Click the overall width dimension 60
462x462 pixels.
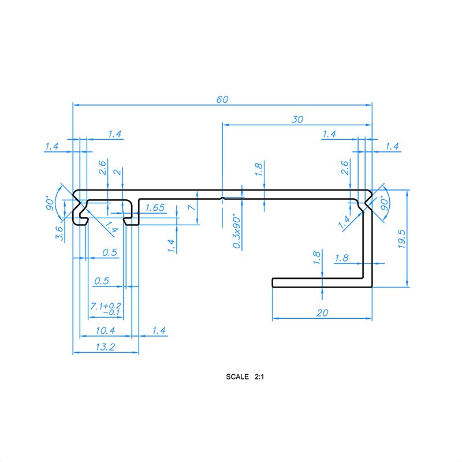[222, 99]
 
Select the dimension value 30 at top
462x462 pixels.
[297, 120]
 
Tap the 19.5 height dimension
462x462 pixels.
[402, 238]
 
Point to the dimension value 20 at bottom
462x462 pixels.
[323, 313]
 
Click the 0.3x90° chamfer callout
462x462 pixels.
[237, 231]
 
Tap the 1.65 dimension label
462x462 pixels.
[155, 207]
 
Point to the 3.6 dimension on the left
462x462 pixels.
[59, 232]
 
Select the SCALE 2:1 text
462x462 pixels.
[245, 377]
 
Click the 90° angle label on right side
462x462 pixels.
[384, 204]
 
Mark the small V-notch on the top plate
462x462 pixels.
[222, 198]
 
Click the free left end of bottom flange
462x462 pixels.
[273, 282]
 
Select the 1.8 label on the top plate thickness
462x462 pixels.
[259, 169]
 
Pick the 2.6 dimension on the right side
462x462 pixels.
[345, 168]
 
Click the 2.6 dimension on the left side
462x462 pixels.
[102, 168]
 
